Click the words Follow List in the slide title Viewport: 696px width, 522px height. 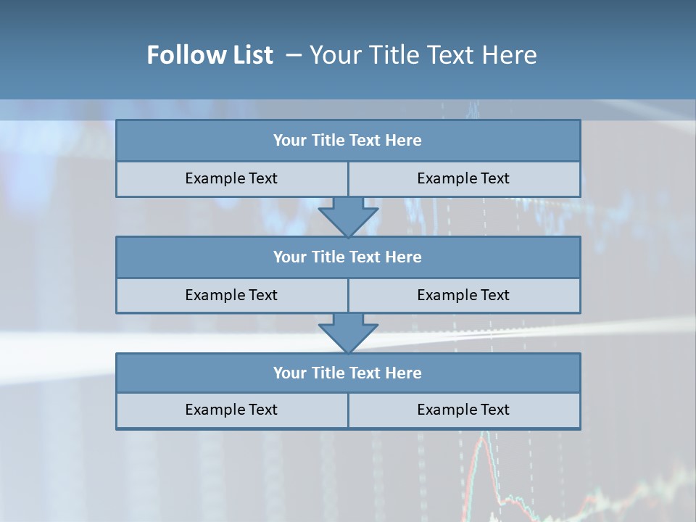tap(210, 55)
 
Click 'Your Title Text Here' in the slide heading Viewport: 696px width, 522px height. tap(423, 55)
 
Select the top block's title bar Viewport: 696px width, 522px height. tap(348, 141)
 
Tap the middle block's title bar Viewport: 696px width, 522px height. tap(348, 257)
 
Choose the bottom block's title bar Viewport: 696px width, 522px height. tap(348, 373)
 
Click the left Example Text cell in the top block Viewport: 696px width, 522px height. tap(232, 178)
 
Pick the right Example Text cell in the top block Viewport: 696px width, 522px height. tap(464, 178)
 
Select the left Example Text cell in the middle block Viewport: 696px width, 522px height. tap(232, 295)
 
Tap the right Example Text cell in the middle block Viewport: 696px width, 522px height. tap(464, 295)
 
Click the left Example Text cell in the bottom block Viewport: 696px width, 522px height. tap(232, 410)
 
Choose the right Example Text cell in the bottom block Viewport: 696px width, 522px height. tap(464, 410)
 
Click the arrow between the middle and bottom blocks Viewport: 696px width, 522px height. tap(348, 333)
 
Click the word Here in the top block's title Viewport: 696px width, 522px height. tap(404, 141)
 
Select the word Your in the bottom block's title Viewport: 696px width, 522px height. tap(290, 373)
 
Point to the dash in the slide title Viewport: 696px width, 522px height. tap(294, 55)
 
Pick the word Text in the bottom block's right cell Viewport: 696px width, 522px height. tap(494, 410)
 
